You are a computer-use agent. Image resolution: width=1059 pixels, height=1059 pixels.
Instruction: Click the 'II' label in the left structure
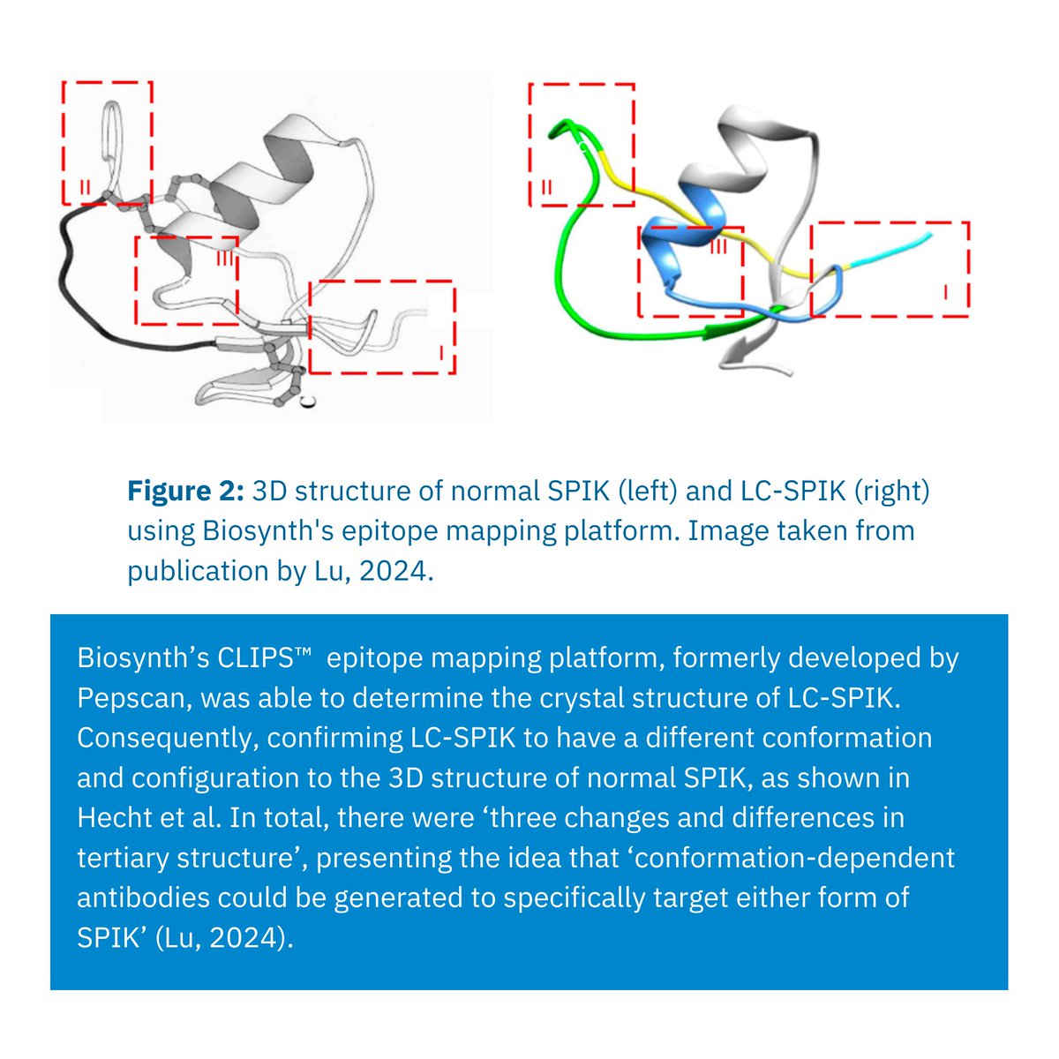coord(84,185)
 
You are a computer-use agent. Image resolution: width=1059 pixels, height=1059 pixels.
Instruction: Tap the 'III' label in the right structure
coord(718,247)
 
